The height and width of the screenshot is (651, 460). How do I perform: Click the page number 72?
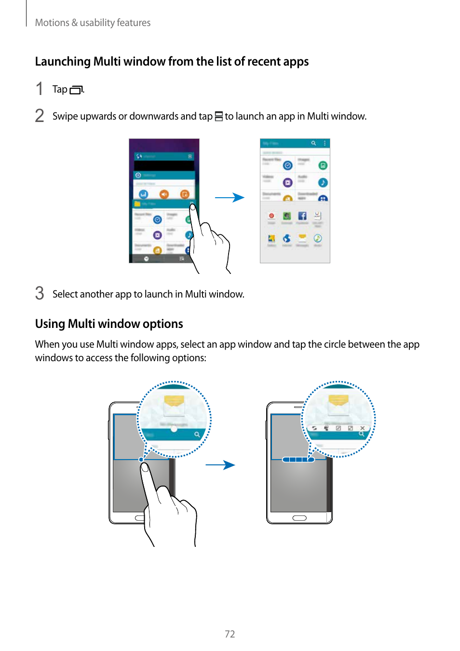tap(230, 634)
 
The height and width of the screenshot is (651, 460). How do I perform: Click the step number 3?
tap(40, 293)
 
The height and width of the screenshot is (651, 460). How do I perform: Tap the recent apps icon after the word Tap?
tap(76, 90)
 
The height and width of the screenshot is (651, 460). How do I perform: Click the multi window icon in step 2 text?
tap(218, 116)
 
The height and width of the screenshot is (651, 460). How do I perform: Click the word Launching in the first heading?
tap(63, 62)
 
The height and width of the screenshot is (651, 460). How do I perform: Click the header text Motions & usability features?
tap(93, 23)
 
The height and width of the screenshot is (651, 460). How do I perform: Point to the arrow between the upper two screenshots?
tap(230, 197)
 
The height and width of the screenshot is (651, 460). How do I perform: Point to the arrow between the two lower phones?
tap(220, 465)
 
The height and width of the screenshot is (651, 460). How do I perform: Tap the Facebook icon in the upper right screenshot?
tap(302, 216)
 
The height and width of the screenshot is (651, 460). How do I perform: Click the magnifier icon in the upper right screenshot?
tap(313, 143)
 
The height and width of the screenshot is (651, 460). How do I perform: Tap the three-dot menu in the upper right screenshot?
tap(325, 143)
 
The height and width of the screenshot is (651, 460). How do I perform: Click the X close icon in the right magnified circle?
tap(362, 428)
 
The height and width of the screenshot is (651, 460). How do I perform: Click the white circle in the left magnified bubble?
tap(174, 429)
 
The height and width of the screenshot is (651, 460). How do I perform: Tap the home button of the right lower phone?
tap(299, 518)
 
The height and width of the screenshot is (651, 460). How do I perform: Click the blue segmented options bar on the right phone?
tap(298, 460)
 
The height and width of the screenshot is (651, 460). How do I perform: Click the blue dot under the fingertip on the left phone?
tap(141, 460)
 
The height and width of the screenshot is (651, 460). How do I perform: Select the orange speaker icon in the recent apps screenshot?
tap(164, 194)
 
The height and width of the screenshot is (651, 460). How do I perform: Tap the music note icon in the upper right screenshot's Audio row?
tap(323, 182)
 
